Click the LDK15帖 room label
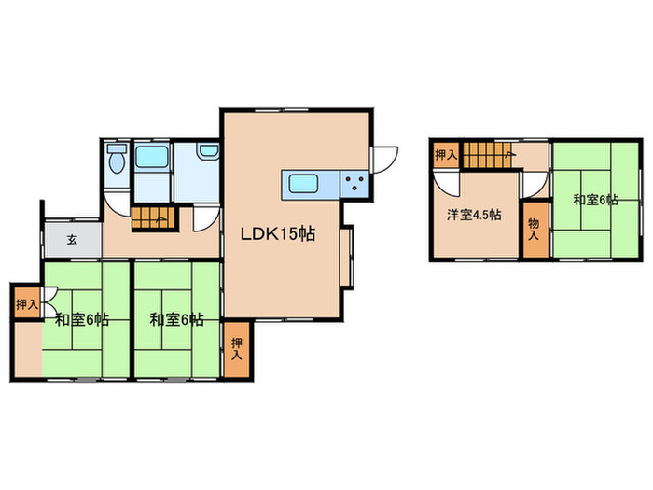(278, 233)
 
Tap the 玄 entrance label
(72, 240)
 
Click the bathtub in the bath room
(152, 157)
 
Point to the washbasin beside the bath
(208, 151)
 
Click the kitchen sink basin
(304, 184)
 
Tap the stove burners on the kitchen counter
(354, 183)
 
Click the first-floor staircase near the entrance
(154, 217)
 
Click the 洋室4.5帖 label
(474, 215)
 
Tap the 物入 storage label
(534, 230)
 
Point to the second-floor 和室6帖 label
(595, 200)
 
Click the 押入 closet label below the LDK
(237, 349)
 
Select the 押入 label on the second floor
(446, 155)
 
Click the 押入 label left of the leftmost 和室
(27, 304)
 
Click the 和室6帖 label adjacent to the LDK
(176, 320)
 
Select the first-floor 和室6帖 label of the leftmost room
(82, 320)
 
